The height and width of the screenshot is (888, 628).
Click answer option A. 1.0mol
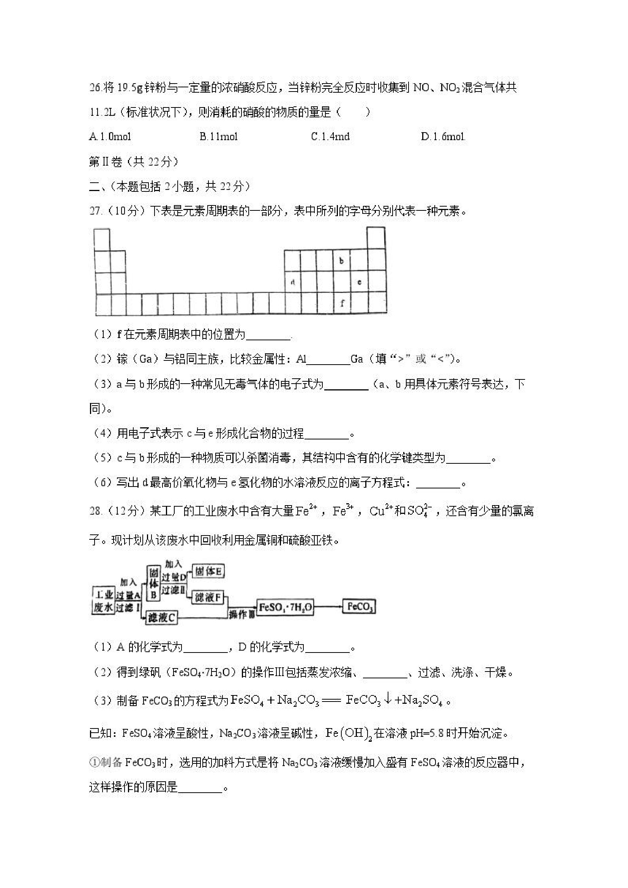[110, 136]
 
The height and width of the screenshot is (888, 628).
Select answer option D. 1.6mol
[443, 136]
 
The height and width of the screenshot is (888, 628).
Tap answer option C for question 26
[330, 136]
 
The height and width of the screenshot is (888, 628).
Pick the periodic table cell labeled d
[292, 282]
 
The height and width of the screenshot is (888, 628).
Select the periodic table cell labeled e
[359, 282]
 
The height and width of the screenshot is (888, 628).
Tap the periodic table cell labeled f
[342, 303]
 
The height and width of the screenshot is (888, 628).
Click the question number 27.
[96, 211]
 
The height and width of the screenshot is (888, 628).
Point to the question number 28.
[96, 511]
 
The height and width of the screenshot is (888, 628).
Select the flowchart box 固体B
[153, 583]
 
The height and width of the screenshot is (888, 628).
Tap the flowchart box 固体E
[208, 571]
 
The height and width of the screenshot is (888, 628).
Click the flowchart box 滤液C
[162, 618]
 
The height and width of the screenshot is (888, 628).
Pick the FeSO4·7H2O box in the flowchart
[286, 607]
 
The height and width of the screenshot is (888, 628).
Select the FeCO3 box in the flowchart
[359, 607]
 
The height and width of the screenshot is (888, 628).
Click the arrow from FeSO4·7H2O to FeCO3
[328, 607]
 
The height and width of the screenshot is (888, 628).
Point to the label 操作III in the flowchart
[241, 614]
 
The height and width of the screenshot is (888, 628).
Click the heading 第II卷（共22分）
[133, 162]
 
